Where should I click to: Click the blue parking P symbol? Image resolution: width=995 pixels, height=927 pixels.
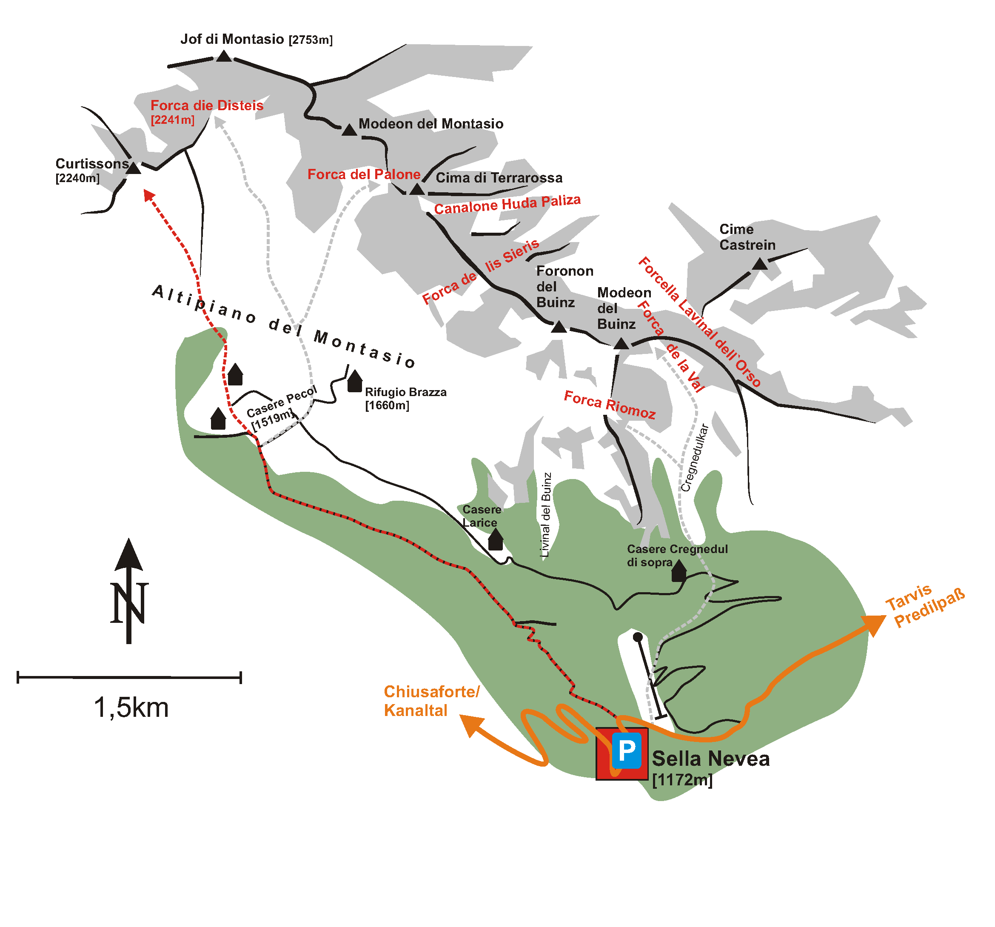click(626, 750)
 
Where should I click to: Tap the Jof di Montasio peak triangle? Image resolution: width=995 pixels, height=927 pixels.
click(224, 56)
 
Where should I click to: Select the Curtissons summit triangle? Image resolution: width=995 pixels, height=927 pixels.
click(133, 168)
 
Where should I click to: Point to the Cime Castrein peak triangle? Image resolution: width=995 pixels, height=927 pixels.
click(760, 264)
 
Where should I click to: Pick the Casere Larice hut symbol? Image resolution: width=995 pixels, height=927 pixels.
click(496, 539)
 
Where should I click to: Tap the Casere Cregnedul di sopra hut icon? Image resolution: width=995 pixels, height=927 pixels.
click(679, 570)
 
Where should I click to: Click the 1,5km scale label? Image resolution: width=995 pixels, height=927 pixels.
click(131, 707)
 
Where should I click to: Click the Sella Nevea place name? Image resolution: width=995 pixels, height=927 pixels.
click(711, 759)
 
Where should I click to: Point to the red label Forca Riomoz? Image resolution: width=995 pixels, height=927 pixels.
click(610, 405)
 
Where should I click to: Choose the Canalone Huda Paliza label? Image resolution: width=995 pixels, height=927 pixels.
click(507, 204)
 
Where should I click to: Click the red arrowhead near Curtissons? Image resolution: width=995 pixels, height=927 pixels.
click(148, 195)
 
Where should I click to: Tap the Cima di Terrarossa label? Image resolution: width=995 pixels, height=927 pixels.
click(499, 178)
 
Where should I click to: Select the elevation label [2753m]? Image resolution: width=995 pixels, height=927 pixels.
click(310, 40)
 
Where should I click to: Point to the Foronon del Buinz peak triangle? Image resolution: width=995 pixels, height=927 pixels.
click(559, 327)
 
